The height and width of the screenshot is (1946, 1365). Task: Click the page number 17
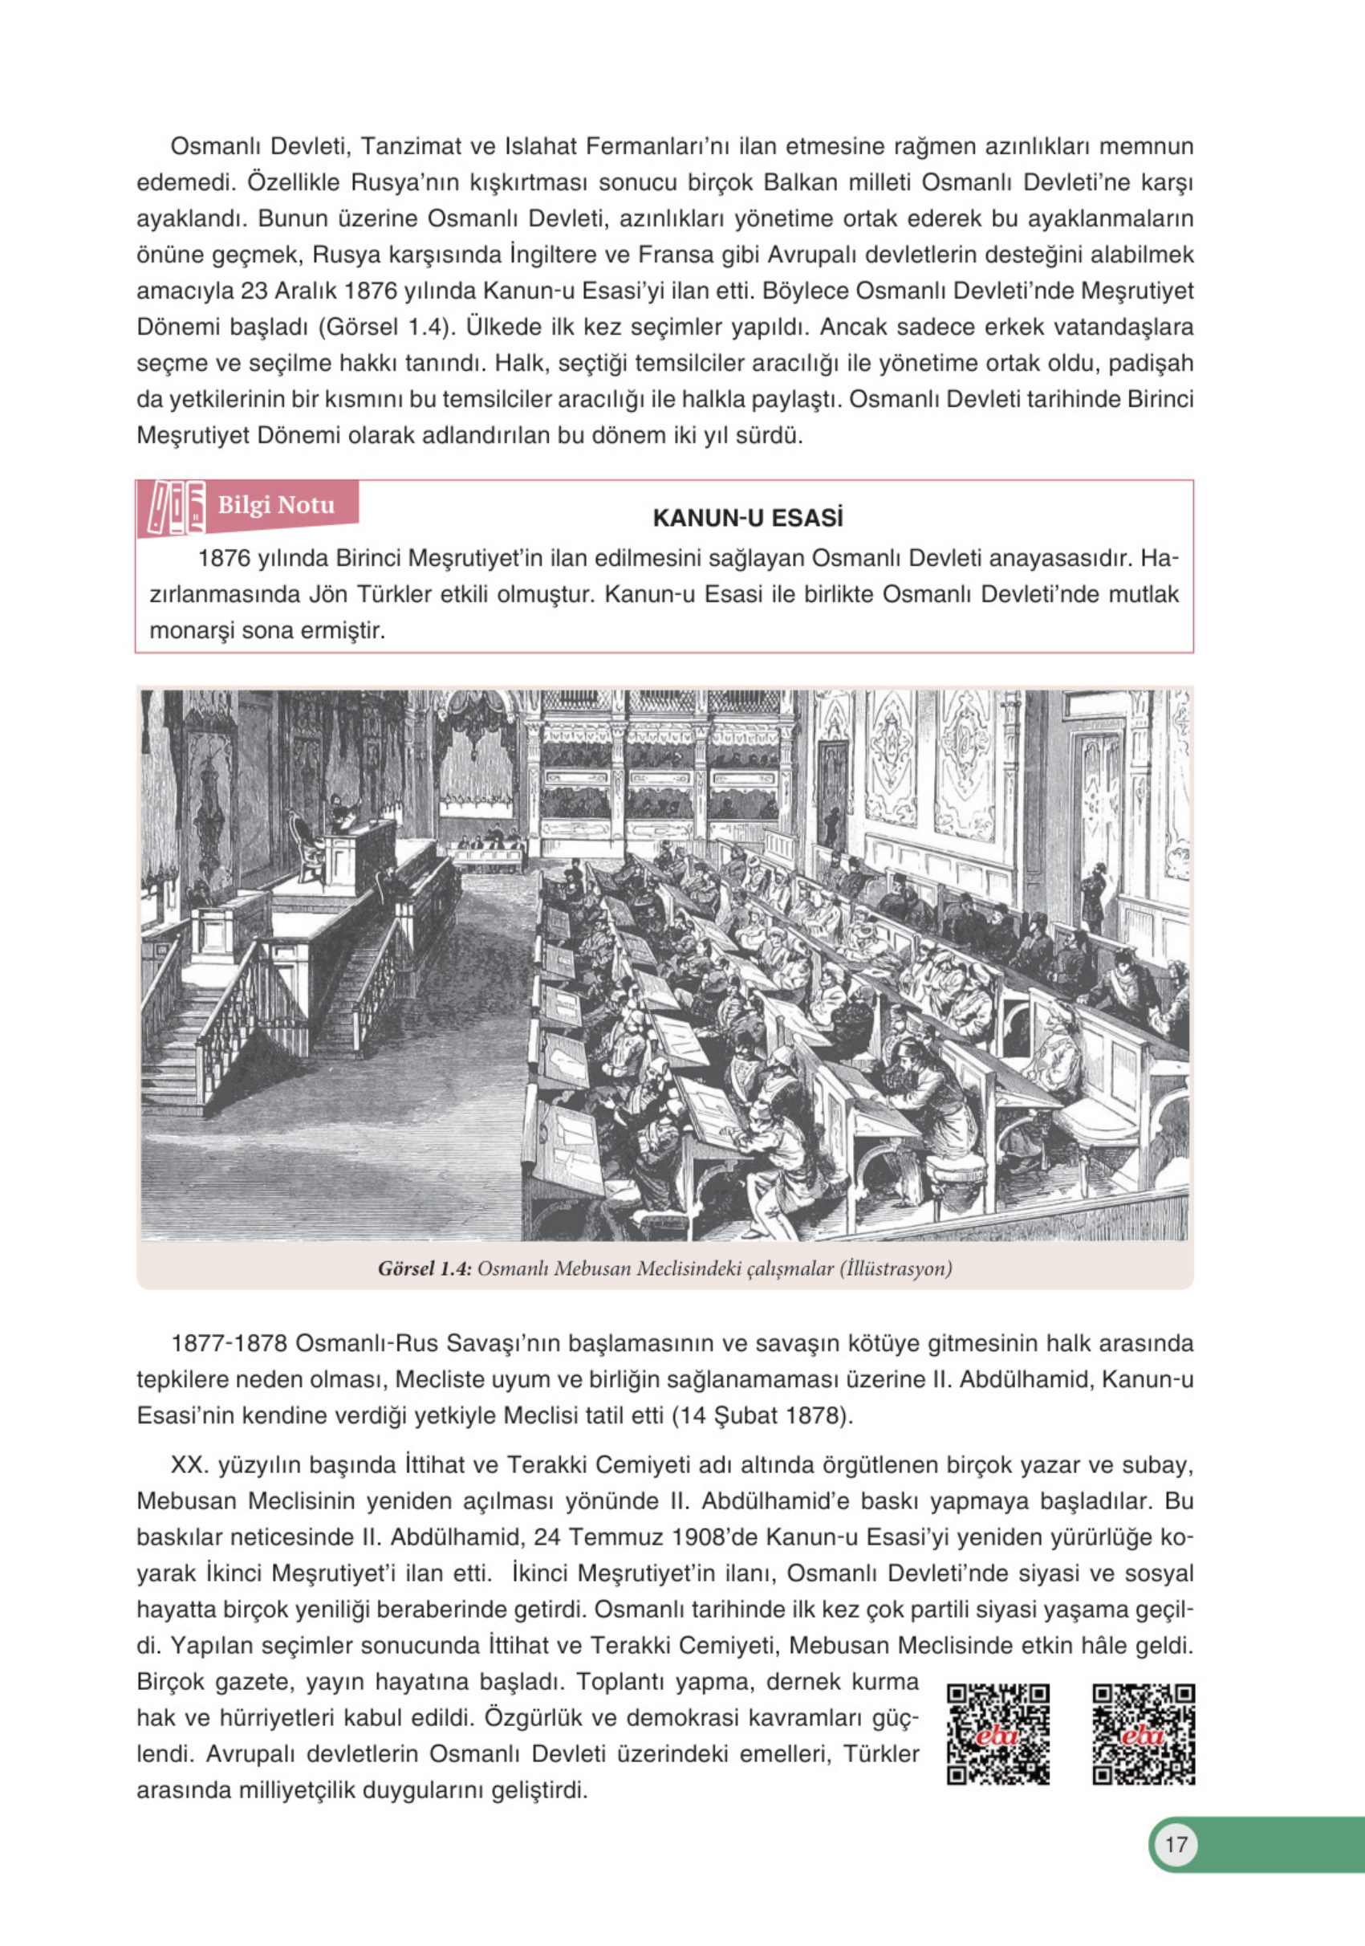pos(1175,1844)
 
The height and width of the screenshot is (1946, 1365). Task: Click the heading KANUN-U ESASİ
pos(747,519)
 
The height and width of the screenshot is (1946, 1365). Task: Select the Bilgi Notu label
pos(276,505)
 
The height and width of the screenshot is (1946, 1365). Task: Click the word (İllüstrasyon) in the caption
pos(896,1268)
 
